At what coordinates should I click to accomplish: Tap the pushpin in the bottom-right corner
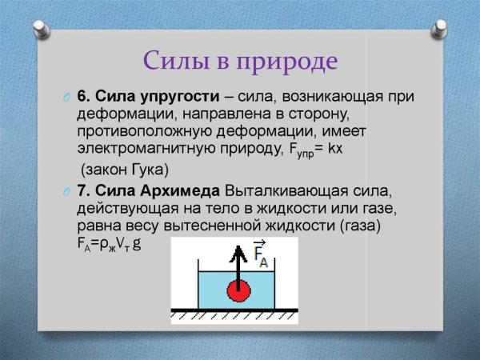438,336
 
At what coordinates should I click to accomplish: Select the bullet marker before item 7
67,192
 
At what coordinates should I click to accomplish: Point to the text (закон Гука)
126,170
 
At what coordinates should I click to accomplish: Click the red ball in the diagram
238,291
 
